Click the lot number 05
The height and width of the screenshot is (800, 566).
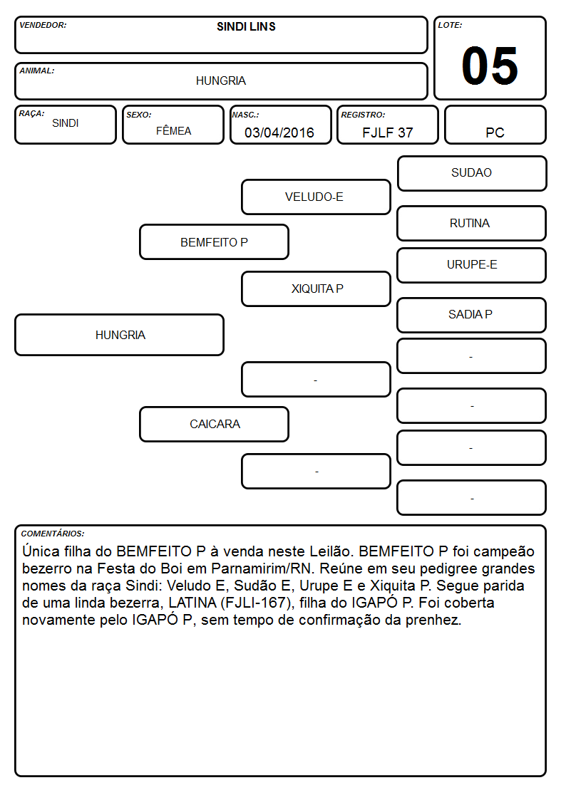point(490,66)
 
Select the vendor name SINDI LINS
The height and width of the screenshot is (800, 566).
point(246,26)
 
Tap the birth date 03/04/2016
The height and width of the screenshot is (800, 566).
point(279,133)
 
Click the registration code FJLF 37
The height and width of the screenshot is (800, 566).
point(387,133)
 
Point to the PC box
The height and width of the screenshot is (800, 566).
point(495,125)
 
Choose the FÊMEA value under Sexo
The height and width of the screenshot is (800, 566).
point(173,131)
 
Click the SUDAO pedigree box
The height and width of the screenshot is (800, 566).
point(472,174)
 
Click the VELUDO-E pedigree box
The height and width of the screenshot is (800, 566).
point(316,197)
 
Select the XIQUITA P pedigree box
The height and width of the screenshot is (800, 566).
point(316,289)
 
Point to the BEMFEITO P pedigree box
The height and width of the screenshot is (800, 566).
point(215,241)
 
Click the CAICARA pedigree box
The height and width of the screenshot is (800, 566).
point(215,424)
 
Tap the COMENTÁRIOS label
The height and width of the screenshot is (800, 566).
point(53,534)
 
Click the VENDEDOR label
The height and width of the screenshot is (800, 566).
point(43,25)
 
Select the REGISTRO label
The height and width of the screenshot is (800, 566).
point(363,115)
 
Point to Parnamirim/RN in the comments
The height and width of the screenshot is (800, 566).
point(261,568)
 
